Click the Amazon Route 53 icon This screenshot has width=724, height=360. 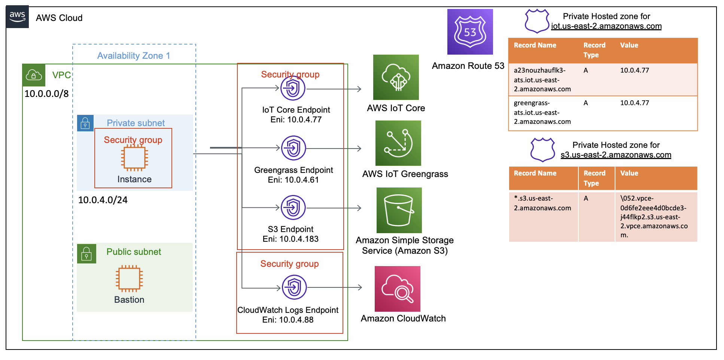[470, 32]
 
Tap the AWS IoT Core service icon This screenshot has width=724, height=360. [396, 77]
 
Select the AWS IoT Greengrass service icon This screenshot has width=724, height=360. [398, 143]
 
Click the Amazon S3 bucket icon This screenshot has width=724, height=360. [399, 210]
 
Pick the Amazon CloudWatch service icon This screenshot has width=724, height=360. [397, 289]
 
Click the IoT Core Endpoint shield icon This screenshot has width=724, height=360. [293, 88]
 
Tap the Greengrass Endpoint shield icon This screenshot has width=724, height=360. [293, 148]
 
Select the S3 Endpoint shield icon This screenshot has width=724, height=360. [293, 207]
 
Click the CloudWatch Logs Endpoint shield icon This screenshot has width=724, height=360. [294, 287]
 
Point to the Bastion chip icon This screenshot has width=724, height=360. [129, 278]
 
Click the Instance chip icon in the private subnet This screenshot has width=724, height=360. [134, 158]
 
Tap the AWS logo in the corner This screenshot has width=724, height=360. [17, 17]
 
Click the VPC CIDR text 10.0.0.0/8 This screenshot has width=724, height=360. [46, 94]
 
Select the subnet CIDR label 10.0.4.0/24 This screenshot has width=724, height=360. [103, 200]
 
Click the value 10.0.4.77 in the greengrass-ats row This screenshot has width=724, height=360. [634, 103]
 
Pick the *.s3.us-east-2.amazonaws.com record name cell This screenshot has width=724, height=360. [542, 203]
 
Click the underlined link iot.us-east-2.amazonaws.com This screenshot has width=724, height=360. [606, 26]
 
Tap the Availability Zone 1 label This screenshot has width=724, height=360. [134, 56]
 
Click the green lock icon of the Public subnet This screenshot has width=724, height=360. [86, 254]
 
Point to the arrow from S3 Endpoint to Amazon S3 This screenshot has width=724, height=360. [333, 208]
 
